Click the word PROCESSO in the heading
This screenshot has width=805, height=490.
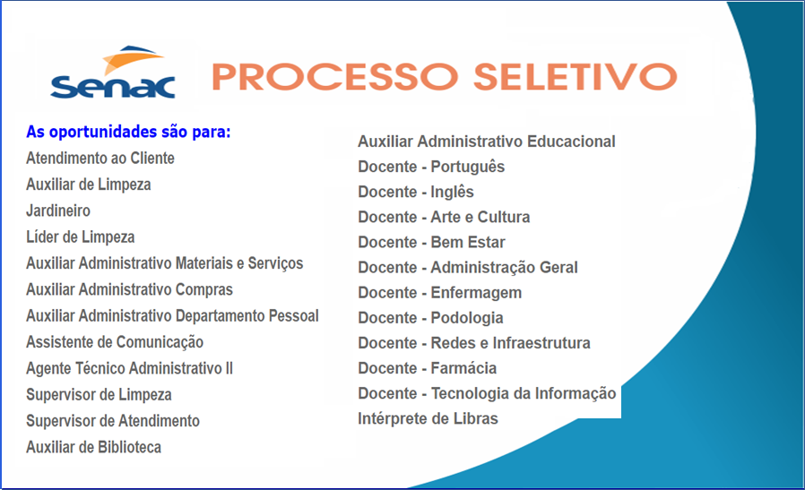(331, 76)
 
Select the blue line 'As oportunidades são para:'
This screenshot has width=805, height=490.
(128, 132)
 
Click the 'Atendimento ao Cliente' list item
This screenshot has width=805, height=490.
(100, 159)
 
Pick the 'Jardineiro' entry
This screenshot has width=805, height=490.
(58, 211)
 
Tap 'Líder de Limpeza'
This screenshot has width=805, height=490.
(81, 237)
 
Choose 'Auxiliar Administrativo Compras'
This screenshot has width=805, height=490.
(129, 289)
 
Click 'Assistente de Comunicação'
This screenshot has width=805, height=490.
(115, 342)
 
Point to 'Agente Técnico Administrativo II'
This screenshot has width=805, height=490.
(129, 368)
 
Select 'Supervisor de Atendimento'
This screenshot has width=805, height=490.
(113, 421)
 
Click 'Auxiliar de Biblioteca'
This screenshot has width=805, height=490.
(93, 447)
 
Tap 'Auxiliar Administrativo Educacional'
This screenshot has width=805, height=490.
(487, 142)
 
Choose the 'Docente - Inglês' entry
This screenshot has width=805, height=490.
(416, 192)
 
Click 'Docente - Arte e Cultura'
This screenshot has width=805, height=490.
(444, 217)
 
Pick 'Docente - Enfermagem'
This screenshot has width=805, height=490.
(439, 293)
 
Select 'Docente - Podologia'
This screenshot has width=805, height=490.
(430, 318)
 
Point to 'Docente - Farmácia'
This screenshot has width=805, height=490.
(427, 368)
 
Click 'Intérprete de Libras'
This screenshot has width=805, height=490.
(428, 418)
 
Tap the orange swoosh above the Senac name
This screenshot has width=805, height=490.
(134, 58)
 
